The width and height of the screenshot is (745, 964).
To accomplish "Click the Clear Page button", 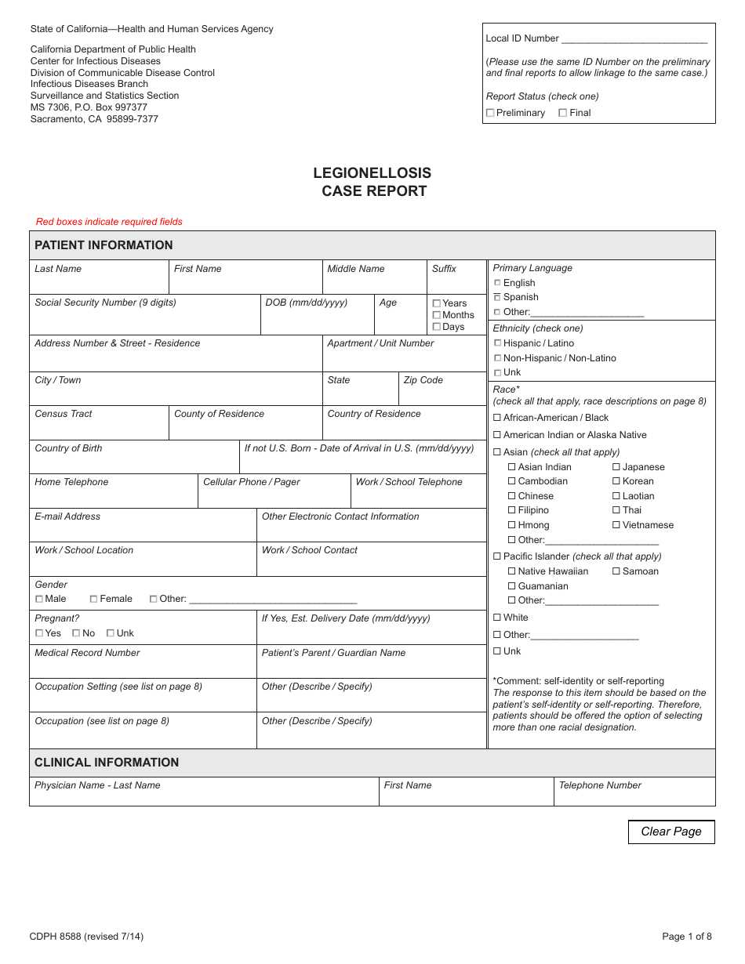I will (x=671, y=832).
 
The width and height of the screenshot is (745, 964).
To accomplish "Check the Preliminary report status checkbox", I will (x=490, y=113).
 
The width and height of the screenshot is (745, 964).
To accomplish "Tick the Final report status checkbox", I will (x=562, y=113).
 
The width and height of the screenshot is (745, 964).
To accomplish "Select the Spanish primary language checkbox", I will (x=497, y=298).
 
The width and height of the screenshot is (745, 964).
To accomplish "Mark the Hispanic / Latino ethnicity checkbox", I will (x=497, y=343).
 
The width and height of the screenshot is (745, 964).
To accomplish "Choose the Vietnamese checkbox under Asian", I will (x=616, y=525).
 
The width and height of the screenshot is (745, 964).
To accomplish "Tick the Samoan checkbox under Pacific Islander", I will (x=616, y=571).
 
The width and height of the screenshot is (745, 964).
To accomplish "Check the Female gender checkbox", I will (x=93, y=599).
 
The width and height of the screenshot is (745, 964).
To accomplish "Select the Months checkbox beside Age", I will (x=437, y=315).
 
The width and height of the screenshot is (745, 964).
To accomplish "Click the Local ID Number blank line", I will (x=634, y=39).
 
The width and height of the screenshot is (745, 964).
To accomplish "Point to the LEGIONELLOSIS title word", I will (x=372, y=173).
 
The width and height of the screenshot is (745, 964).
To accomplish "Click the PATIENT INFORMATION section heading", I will (x=104, y=245).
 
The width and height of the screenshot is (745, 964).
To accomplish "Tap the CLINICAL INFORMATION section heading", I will (x=107, y=763).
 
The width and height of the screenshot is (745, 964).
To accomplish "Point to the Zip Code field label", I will (x=423, y=380).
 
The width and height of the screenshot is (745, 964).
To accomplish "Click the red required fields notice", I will (x=109, y=222).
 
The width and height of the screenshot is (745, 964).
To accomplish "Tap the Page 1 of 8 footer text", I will (x=687, y=936).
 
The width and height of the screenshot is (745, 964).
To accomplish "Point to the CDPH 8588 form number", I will (x=86, y=936).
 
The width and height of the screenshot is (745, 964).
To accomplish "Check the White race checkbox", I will (x=496, y=618).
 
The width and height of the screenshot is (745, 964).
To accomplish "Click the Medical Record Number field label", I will (x=87, y=653).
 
